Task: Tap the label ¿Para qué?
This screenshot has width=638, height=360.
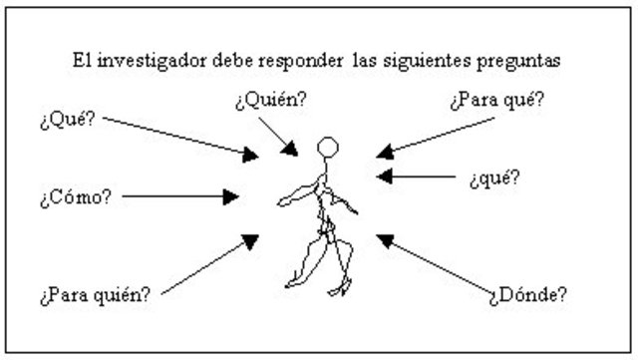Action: pos(496,103)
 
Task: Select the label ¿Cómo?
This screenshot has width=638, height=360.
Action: pos(76,195)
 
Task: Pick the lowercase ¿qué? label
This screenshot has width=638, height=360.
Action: pos(493,179)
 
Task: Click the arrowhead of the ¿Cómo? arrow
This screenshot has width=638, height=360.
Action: pos(248,196)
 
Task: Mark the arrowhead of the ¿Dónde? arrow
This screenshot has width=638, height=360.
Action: pos(385,239)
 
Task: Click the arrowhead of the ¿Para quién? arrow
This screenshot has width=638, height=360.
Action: pos(250,239)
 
